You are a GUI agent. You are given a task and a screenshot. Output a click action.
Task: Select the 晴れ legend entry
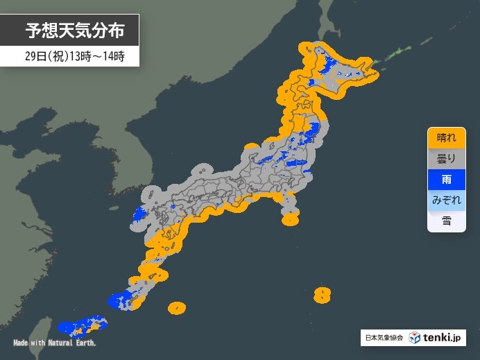point(446,138)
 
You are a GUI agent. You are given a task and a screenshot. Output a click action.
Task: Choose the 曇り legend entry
point(446,159)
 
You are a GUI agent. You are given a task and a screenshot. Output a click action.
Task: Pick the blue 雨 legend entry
point(446,180)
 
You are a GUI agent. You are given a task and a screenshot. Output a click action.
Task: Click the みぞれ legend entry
point(446,200)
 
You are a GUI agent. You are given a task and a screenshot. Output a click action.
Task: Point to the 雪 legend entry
point(446,221)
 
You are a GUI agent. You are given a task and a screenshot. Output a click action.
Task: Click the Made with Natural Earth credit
point(55,343)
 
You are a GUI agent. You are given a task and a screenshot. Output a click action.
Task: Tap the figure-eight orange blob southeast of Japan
point(322,295)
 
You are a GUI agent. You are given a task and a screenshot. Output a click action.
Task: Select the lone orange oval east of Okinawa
point(177,307)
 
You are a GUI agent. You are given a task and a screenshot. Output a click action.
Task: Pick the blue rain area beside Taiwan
point(69,325)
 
